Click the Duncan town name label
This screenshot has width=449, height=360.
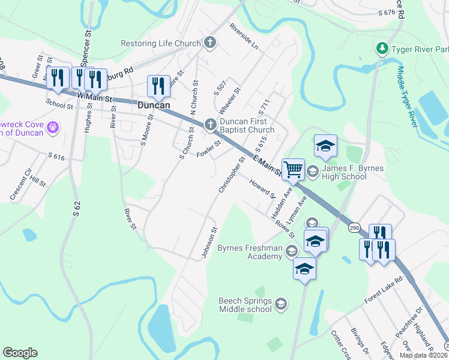click(x=154, y=105)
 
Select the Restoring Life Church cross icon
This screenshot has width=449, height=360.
click(x=210, y=43)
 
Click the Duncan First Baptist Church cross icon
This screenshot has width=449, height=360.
click(x=210, y=124)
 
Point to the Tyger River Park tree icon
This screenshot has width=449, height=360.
click(x=381, y=47)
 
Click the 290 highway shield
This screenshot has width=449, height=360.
click(x=353, y=226)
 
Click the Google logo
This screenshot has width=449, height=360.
click(x=20, y=353)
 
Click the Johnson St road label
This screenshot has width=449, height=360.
click(x=208, y=243)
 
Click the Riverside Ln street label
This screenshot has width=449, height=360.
click(x=243, y=37)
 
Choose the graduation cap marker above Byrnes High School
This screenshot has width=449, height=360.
click(x=325, y=146)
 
